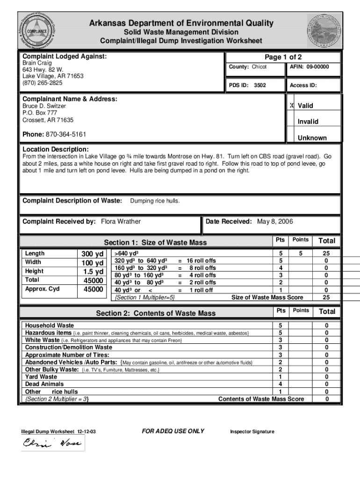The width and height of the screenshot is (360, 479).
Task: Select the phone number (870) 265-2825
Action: (43, 83)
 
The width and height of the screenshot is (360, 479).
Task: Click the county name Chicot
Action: (259, 67)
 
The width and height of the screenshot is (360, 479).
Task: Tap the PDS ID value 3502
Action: (259, 86)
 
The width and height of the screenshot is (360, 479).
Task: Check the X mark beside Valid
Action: (292, 106)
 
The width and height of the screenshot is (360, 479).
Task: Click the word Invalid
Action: (308, 122)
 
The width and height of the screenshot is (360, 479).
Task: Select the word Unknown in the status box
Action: (312, 138)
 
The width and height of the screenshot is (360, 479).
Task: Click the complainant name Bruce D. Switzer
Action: (44, 106)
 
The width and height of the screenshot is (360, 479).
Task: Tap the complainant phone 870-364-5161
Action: (65, 135)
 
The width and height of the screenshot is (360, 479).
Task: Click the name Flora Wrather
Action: (121, 221)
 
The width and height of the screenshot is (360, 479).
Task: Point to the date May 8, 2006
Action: (275, 221)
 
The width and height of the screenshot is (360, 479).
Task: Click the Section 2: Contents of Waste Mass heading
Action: (156, 313)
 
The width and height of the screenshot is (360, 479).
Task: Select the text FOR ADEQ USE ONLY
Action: (173, 431)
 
